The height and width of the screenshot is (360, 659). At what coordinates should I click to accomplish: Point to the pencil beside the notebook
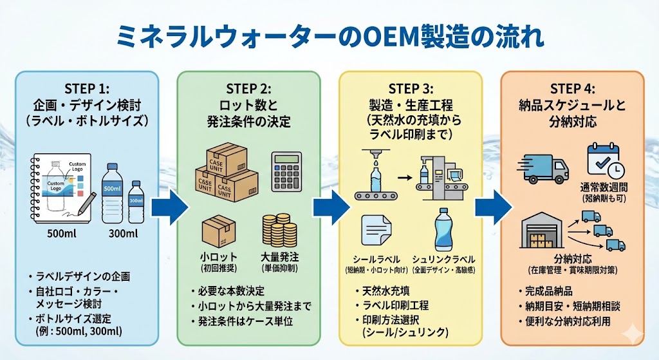(x=86, y=205)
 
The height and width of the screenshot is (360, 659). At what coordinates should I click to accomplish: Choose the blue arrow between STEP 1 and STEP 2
(x=169, y=207)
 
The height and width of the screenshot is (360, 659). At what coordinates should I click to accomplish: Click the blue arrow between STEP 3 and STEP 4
(x=493, y=207)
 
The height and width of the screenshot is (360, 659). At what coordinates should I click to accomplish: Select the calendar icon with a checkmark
(x=604, y=161)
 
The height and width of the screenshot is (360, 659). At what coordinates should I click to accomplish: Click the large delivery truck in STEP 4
(x=543, y=168)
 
